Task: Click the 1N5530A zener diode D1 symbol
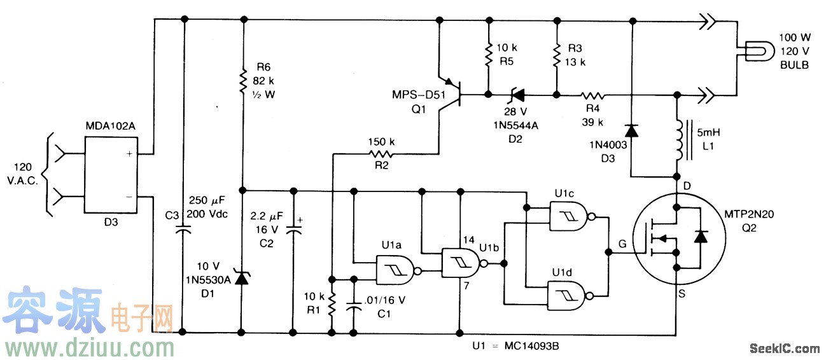pyautogui.click(x=242, y=279)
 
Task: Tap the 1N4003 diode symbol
pyautogui.click(x=631, y=130)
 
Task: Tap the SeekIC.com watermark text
pyautogui.click(x=785, y=349)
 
